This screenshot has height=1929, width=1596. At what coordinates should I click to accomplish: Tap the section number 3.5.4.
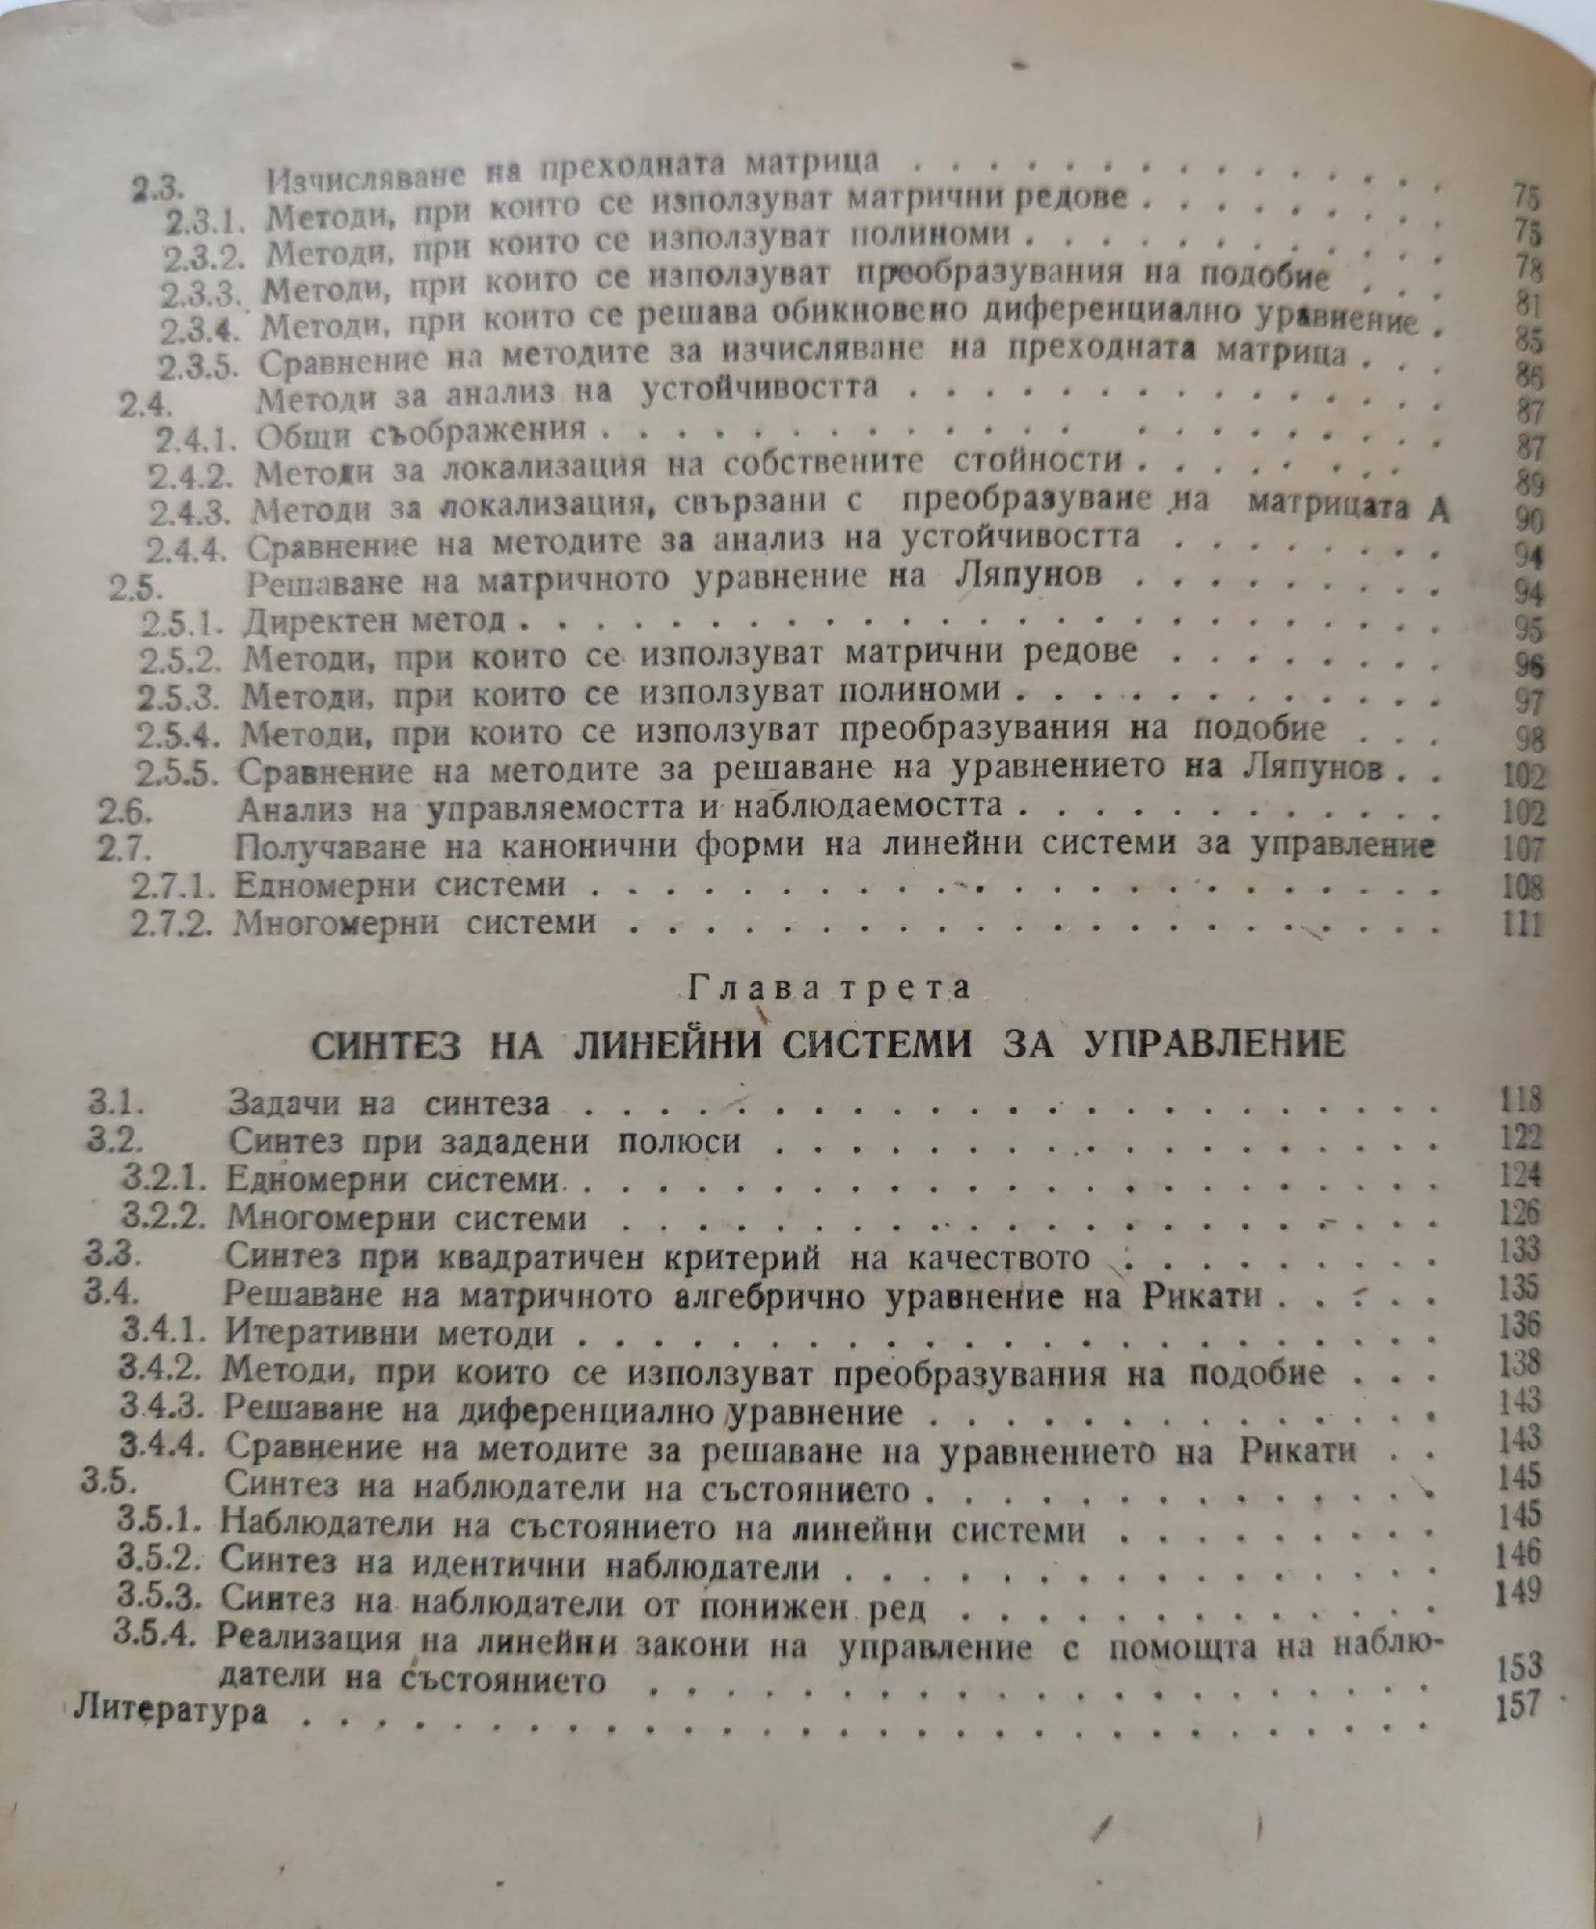click(x=158, y=1634)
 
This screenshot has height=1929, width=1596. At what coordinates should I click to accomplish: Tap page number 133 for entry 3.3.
click(x=1521, y=1251)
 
